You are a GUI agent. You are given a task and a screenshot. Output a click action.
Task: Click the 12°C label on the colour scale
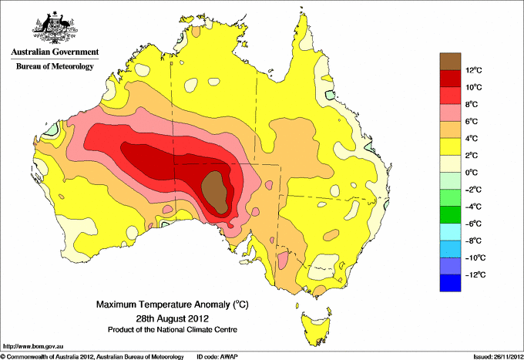pyautogui.click(x=474, y=70)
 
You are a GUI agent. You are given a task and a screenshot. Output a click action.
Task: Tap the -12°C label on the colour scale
pyautogui.click(x=475, y=274)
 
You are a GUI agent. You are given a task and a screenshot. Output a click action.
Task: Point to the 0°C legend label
pyautogui.click(x=472, y=173)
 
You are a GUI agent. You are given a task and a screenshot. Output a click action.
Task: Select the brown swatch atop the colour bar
pyautogui.click(x=450, y=62)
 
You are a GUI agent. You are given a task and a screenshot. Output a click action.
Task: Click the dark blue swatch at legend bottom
pyautogui.click(x=450, y=283)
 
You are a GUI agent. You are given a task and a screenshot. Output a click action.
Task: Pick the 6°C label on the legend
pyautogui.click(x=472, y=121)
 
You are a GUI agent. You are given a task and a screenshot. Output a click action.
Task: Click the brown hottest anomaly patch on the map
pyautogui.click(x=215, y=192)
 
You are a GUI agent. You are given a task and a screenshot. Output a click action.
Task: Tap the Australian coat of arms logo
pyautogui.click(x=55, y=28)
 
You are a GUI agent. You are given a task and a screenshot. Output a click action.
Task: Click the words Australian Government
pyautogui.click(x=55, y=52)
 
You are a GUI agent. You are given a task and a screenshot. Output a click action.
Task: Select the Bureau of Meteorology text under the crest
pyautogui.click(x=55, y=66)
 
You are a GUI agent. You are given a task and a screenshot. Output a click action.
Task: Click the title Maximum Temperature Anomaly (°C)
pyautogui.click(x=173, y=304)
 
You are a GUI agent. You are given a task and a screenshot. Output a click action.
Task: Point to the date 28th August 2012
pyautogui.click(x=173, y=318)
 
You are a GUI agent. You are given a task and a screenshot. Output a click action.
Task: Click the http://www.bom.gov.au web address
pyautogui.click(x=33, y=346)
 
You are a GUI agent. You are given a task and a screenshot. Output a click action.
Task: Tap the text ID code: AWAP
pyautogui.click(x=217, y=357)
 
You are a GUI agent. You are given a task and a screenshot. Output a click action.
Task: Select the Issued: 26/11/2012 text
pyautogui.click(x=499, y=357)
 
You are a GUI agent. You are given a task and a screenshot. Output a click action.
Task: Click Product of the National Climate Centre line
pyautogui.click(x=173, y=330)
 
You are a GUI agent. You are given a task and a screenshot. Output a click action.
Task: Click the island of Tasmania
pyautogui.click(x=316, y=327)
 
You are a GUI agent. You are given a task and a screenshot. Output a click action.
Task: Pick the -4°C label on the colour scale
pyautogui.click(x=473, y=207)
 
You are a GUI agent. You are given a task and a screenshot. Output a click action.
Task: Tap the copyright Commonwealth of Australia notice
pyautogui.click(x=92, y=357)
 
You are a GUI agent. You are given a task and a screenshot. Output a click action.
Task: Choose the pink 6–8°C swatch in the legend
pyautogui.click(x=450, y=113)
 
